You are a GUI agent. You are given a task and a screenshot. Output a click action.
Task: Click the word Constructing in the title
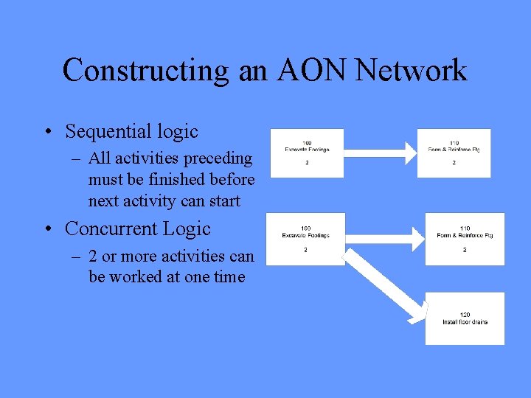click(146, 71)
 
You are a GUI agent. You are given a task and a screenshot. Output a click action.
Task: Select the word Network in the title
click(411, 71)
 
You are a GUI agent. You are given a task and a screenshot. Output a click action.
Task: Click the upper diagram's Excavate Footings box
click(307, 153)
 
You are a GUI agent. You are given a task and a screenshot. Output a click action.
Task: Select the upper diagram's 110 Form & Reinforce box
click(454, 153)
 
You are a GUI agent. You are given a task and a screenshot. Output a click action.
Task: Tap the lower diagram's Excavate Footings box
click(305, 239)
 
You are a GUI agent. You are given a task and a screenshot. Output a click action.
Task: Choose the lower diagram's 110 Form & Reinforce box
click(465, 239)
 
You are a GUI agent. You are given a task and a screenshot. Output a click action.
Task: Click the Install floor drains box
click(465, 318)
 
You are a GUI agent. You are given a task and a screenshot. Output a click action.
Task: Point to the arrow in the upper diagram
click(380, 152)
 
